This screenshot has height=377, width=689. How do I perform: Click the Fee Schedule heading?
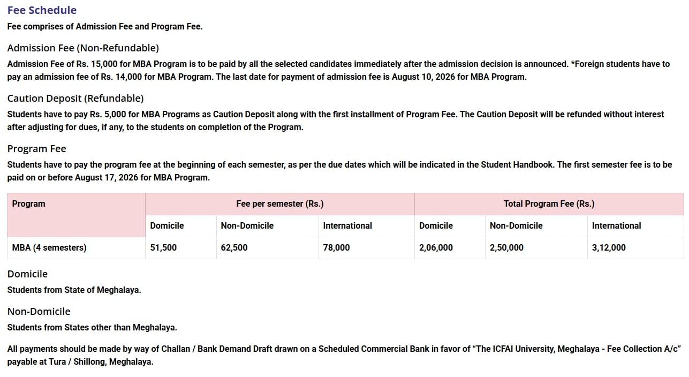[42, 10]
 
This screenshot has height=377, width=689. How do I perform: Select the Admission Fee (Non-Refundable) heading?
[83, 48]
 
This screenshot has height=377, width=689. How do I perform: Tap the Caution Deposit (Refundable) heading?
[75, 99]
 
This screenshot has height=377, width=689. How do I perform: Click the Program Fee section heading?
[36, 149]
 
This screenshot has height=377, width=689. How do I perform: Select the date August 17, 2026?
[107, 178]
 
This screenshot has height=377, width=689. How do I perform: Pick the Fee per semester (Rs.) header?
[279, 204]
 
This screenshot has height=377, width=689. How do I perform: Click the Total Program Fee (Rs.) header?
[549, 204]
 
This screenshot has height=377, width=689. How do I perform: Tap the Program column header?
[29, 204]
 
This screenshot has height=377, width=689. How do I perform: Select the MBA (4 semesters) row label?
[49, 248]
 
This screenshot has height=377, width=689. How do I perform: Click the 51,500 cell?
[163, 248]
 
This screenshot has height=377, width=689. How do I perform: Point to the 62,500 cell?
[234, 248]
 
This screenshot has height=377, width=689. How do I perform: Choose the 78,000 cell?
[336, 248]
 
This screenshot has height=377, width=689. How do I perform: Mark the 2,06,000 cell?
[436, 248]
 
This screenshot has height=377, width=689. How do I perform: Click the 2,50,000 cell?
[506, 248]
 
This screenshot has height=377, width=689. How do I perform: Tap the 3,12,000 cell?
[609, 248]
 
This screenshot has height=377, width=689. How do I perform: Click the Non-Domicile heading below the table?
[39, 312]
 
